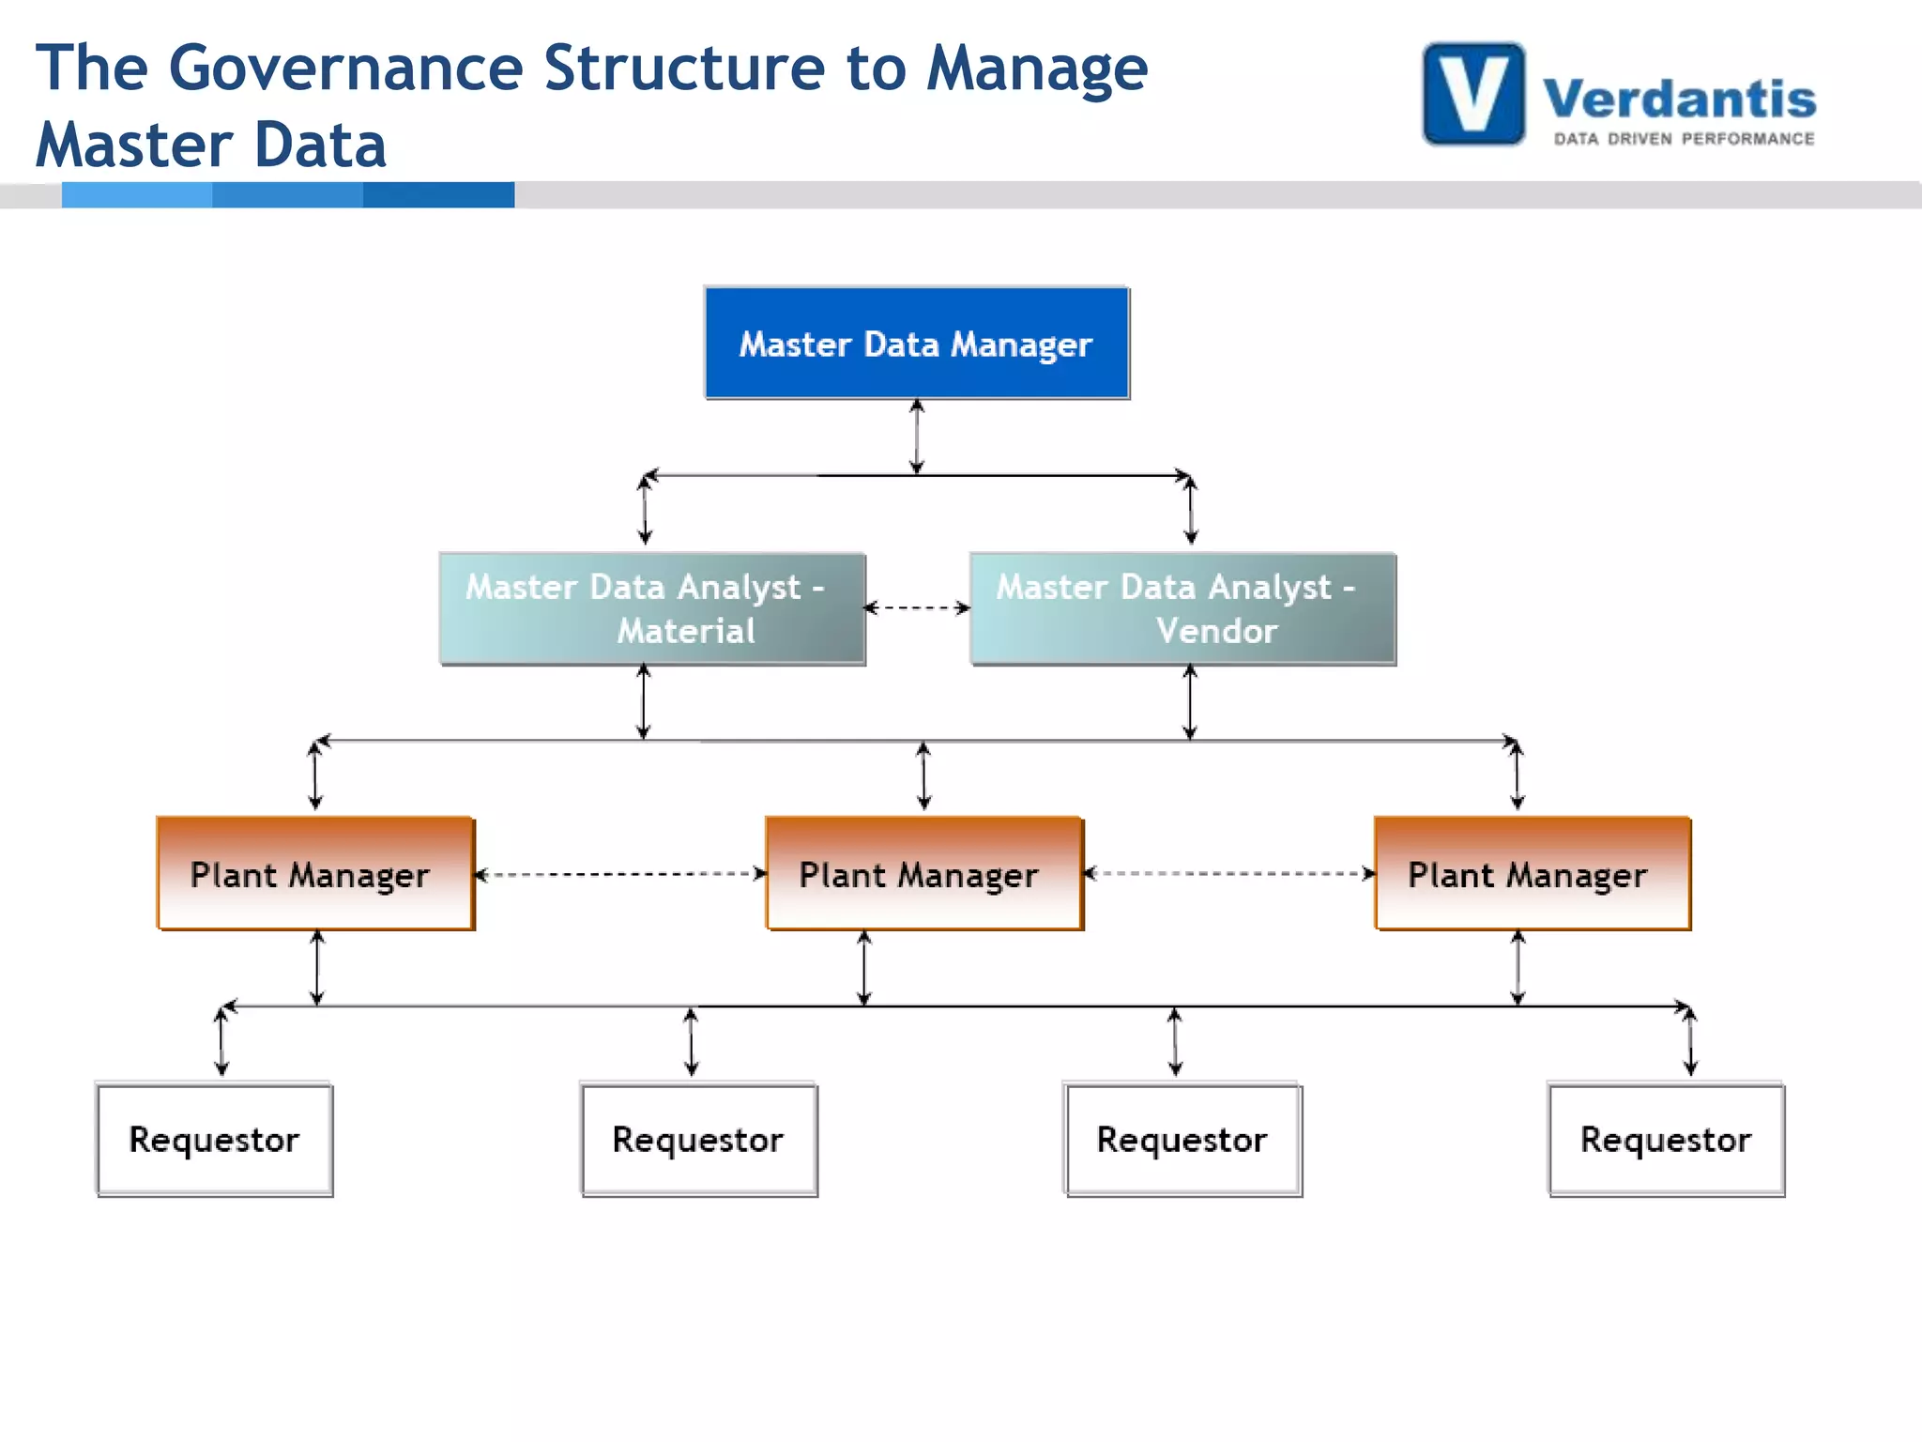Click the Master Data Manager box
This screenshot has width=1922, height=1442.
[917, 344]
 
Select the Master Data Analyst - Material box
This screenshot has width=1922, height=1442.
[652, 609]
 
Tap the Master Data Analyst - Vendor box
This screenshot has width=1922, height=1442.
[1182, 609]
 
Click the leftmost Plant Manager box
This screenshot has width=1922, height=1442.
[315, 874]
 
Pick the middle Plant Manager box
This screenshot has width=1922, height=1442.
[923, 874]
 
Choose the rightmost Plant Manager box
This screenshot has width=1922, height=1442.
[1532, 874]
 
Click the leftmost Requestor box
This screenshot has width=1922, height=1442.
[215, 1140]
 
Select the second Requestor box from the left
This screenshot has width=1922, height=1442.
[699, 1140]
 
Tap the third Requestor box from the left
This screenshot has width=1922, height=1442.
[1182, 1140]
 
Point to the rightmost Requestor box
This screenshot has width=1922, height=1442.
[1666, 1140]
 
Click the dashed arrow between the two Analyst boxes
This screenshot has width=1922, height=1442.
[917, 608]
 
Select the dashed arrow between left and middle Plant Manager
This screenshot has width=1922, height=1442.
[620, 874]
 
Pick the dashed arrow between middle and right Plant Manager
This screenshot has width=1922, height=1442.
[1228, 874]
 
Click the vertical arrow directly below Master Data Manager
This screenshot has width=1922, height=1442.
[917, 437]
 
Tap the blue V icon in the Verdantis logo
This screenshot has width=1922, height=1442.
[1473, 94]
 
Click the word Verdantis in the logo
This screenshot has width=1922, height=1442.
[1679, 99]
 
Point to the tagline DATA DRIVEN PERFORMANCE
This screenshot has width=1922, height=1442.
[1684, 139]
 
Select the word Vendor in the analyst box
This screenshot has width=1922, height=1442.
[1216, 631]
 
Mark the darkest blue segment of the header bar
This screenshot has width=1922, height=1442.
[438, 194]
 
